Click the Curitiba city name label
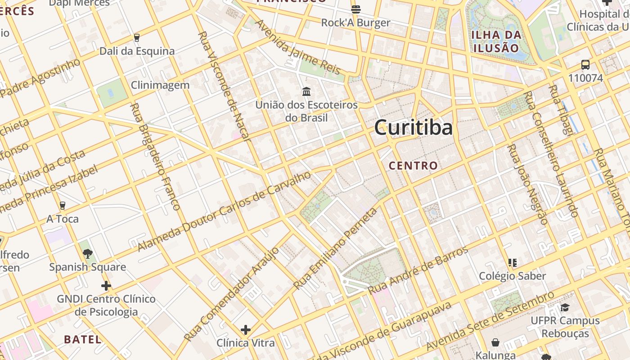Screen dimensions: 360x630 [414, 127]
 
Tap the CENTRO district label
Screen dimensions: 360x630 [413, 166]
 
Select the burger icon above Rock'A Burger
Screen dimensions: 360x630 [355, 9]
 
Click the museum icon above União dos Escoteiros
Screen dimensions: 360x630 [306, 92]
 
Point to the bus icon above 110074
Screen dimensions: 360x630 [585, 65]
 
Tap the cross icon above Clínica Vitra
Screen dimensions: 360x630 [245, 330]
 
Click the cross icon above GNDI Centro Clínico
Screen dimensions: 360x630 [106, 286]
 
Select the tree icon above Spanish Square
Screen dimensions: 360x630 [87, 254]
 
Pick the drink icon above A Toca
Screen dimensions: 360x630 [62, 206]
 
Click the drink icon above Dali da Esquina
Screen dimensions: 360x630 [137, 38]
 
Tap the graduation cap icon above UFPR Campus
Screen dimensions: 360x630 [565, 307]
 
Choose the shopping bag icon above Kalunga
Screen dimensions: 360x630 [495, 343]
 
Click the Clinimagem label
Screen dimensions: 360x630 [160, 85]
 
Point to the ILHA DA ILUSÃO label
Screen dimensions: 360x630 [496, 41]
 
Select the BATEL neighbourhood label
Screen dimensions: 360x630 [83, 339]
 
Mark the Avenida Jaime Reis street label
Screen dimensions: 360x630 [297, 47]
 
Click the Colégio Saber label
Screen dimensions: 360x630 [512, 276]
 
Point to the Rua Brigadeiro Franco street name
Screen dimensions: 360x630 [155, 157]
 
